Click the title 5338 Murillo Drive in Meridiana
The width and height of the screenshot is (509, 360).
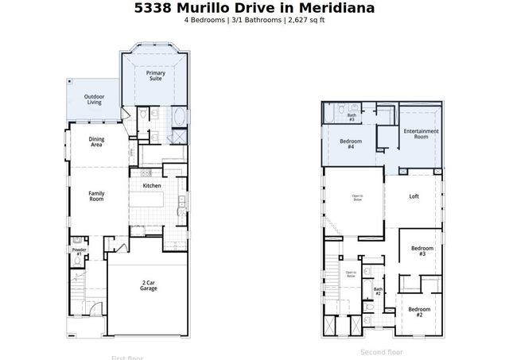(x=254, y=8)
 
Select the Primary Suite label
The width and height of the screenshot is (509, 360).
(x=156, y=76)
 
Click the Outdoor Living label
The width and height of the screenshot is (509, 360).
(x=94, y=99)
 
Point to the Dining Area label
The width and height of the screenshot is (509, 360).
(x=96, y=142)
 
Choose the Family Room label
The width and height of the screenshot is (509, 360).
(x=96, y=195)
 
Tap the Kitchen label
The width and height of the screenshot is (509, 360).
(x=152, y=186)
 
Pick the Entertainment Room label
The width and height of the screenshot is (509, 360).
(x=421, y=134)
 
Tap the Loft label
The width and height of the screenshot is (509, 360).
(x=414, y=196)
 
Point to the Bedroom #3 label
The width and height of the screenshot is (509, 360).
(x=422, y=251)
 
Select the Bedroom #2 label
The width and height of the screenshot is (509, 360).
(x=418, y=311)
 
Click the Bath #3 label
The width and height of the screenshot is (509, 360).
(x=351, y=117)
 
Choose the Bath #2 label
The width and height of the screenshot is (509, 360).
(x=379, y=292)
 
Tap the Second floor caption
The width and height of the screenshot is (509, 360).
(x=382, y=352)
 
